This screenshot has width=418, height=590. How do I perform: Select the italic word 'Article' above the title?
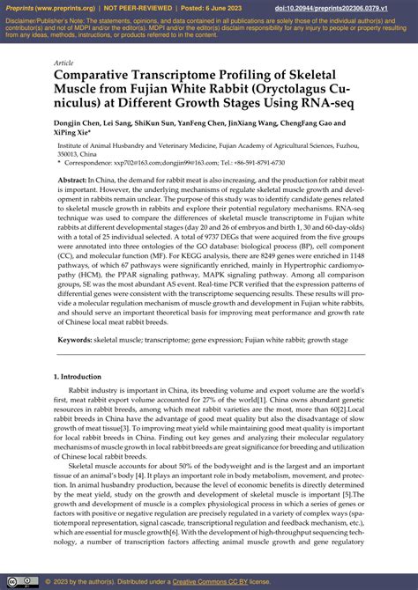tap(63, 63)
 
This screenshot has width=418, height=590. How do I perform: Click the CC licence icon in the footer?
tap(24, 582)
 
